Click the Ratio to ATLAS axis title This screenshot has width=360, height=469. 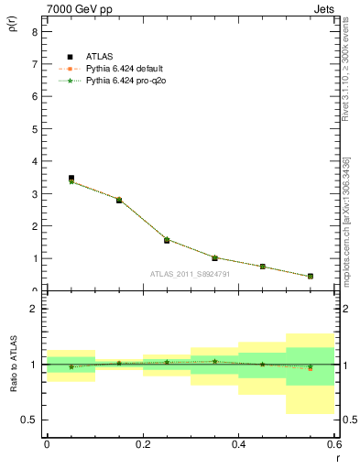click(x=12, y=366)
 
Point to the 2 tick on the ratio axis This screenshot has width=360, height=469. click(x=34, y=310)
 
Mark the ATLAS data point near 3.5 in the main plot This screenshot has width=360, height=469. click(x=71, y=179)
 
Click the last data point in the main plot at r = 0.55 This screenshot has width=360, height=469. click(x=311, y=276)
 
